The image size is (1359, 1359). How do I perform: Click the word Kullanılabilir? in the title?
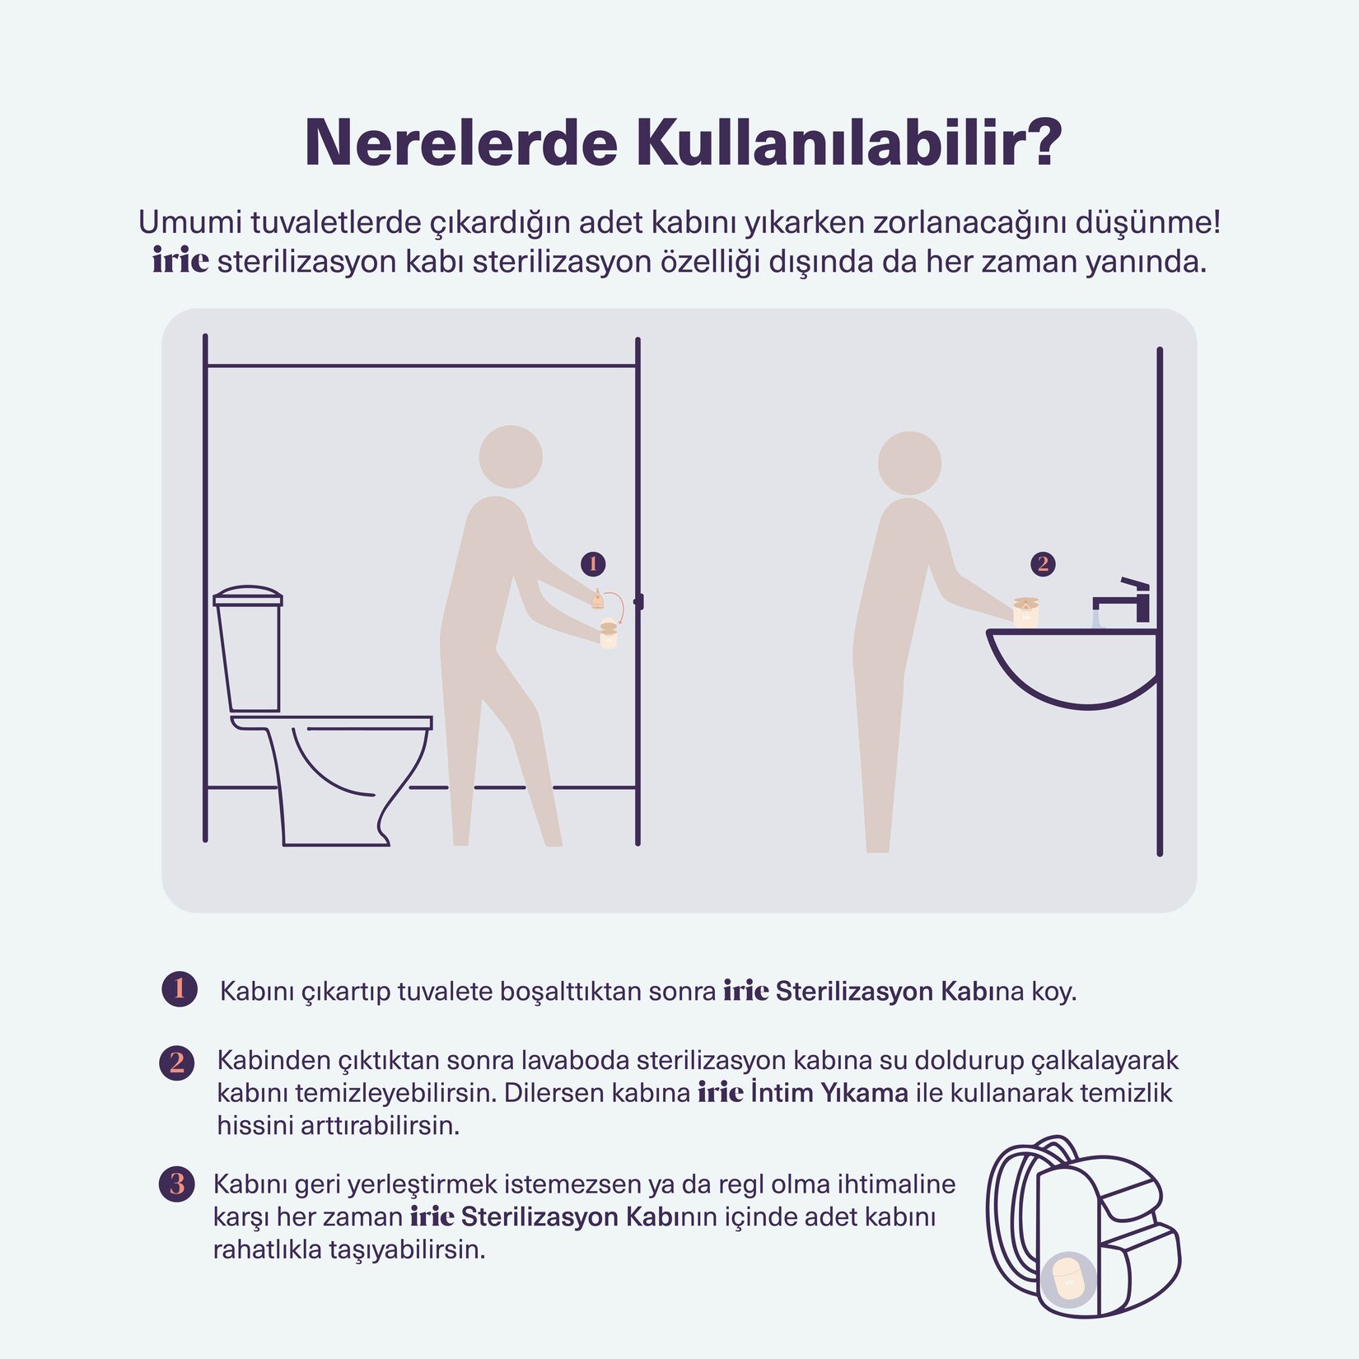click(x=848, y=143)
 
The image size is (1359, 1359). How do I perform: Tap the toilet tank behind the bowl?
click(x=248, y=651)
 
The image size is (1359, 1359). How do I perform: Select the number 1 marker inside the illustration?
click(x=593, y=564)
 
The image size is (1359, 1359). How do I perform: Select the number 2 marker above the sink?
click(x=1043, y=564)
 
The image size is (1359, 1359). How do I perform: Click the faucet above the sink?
click(x=1124, y=600)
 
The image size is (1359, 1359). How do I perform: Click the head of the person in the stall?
click(x=511, y=456)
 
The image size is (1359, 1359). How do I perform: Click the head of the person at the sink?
click(x=909, y=463)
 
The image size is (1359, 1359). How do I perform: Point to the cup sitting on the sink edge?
click(x=1025, y=613)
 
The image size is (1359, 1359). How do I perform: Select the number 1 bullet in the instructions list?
click(x=180, y=989)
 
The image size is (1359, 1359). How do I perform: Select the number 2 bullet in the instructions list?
click(x=177, y=1062)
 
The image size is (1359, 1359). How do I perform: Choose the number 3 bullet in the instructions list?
click(x=176, y=1184)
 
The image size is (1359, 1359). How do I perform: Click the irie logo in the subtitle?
click(x=180, y=261)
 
